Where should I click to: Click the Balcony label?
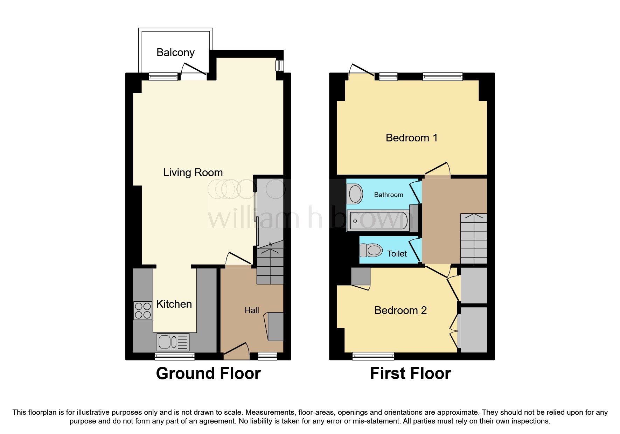point(175,52)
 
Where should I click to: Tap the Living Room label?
point(193,173)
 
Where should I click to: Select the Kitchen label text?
point(174,304)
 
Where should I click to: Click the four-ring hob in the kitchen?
point(143,310)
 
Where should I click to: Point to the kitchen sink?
point(173,342)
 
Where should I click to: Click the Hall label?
point(252,310)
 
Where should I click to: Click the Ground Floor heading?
point(208,373)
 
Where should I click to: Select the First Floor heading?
point(410,373)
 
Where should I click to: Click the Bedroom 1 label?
point(412,138)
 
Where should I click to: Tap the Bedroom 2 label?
point(400,310)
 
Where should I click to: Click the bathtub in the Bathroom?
point(378,221)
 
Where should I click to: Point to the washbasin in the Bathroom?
point(355,194)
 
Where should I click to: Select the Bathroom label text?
point(389,195)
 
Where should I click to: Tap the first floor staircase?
point(474,238)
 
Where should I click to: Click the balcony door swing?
point(194,69)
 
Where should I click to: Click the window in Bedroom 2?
point(373,356)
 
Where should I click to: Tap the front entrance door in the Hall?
point(236,351)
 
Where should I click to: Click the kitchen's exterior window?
point(175,356)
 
